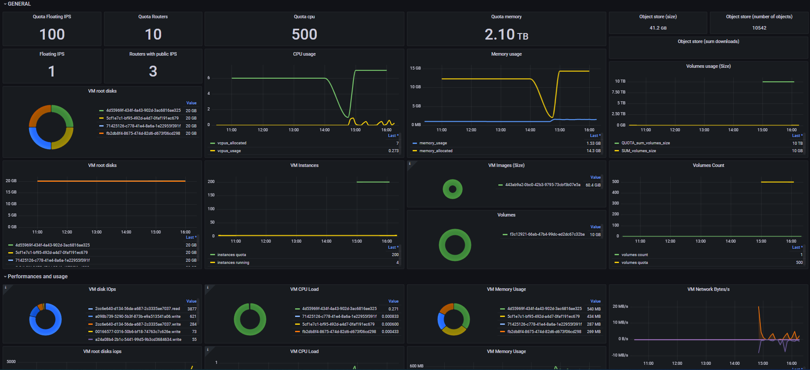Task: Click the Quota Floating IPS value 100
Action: [x=52, y=34]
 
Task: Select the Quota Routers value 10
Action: [x=153, y=34]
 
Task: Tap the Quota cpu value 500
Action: [x=304, y=34]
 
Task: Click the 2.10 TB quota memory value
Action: [x=506, y=34]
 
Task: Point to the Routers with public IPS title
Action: [x=153, y=54]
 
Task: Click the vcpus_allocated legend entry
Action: [x=232, y=143]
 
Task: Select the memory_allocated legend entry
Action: [x=436, y=151]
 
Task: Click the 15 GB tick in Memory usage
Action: [x=415, y=68]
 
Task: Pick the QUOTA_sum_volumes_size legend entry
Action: [x=645, y=143]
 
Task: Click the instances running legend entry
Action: [x=233, y=263]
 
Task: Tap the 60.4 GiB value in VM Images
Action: [x=593, y=185]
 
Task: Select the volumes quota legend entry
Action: [x=634, y=263]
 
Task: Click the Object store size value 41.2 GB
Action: [x=658, y=28]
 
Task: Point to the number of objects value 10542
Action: [x=759, y=28]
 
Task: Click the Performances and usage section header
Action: [x=37, y=277]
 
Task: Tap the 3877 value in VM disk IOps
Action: [x=192, y=309]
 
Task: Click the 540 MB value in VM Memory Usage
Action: [x=594, y=309]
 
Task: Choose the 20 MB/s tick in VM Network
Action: [x=620, y=307]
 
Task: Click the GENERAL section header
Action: [x=19, y=4]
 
